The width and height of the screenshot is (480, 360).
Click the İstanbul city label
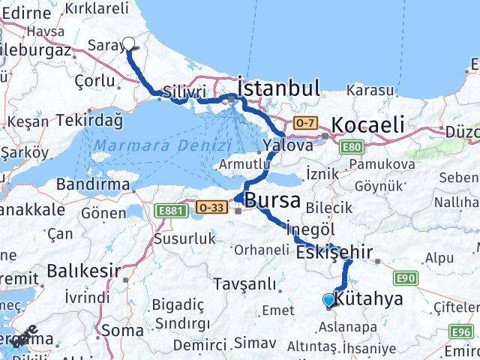coord(279,87)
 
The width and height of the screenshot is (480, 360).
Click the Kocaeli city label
coord(367,124)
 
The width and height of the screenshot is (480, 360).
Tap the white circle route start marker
coord(129,43)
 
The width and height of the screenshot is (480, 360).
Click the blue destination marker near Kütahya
coord(328,301)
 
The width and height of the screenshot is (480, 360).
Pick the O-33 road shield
coord(209,205)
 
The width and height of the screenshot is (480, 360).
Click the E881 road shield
coord(169,213)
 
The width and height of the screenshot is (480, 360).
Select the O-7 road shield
coord(304,121)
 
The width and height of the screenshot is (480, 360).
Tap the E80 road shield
coord(351,147)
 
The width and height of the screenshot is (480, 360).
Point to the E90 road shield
coord(406,278)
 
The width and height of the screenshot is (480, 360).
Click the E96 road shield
coord(462,331)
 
